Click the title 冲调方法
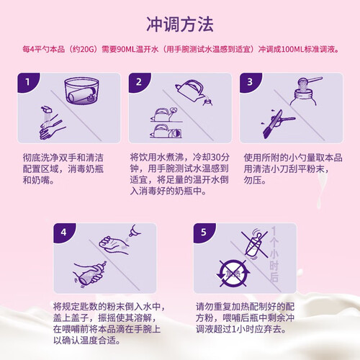180,24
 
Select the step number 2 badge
139,83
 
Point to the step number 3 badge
250,83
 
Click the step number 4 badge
63,233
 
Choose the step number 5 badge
204,233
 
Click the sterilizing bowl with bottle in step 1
81,91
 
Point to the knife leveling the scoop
274,125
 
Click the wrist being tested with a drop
114,245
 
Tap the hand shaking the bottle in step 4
90,274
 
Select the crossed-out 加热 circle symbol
233,274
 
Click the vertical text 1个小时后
274,254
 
